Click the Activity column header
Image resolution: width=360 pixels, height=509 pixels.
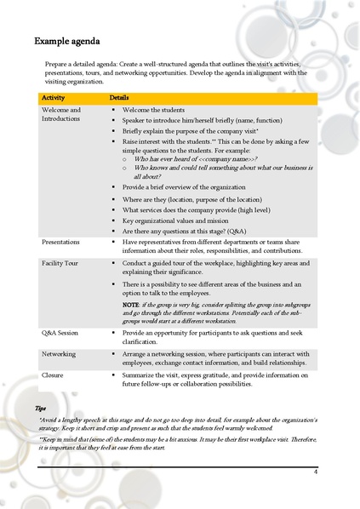54,99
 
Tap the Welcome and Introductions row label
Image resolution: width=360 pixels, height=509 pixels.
61,114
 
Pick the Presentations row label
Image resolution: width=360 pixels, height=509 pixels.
62,242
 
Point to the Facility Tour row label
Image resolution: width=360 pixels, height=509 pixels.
60,263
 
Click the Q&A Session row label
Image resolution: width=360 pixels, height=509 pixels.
60,333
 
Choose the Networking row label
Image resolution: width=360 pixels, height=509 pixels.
59,353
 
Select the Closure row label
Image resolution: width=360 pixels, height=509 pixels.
53,374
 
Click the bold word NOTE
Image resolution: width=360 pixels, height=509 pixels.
131,304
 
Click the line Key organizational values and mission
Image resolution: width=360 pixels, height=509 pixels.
175,219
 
